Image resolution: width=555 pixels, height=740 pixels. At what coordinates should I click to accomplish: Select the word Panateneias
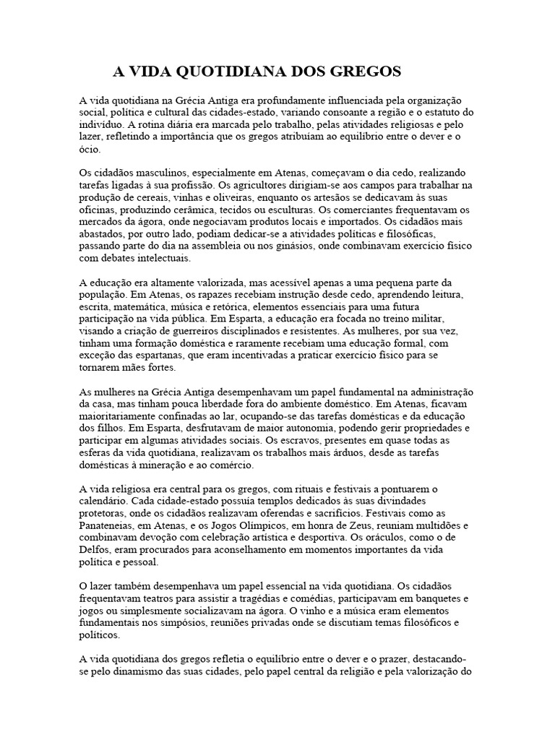click(112, 525)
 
